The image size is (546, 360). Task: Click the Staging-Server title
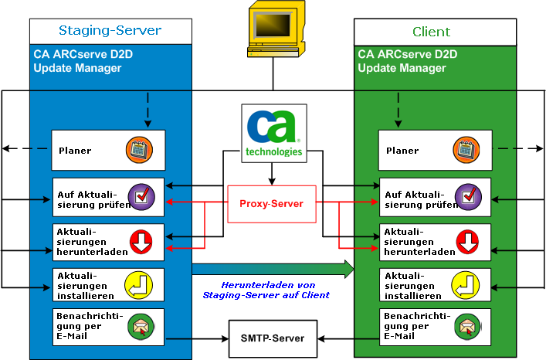tap(110, 31)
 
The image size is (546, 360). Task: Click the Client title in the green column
tap(432, 32)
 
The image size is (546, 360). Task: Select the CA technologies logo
tap(272, 133)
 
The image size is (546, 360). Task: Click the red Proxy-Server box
tap(272, 203)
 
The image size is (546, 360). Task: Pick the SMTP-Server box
tap(272, 338)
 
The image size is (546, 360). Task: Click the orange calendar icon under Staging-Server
tap(140, 150)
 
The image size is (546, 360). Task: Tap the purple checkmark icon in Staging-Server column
tap(140, 196)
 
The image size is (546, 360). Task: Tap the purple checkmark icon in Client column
tap(467, 196)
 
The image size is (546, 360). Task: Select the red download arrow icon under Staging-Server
tap(140, 242)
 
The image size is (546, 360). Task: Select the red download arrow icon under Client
tap(467, 242)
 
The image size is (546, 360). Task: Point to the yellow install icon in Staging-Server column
tap(140, 285)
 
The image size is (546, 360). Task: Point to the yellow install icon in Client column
tap(467, 285)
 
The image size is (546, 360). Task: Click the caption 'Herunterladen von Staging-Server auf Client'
tap(266, 290)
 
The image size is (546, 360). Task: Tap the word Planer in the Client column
tap(402, 151)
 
